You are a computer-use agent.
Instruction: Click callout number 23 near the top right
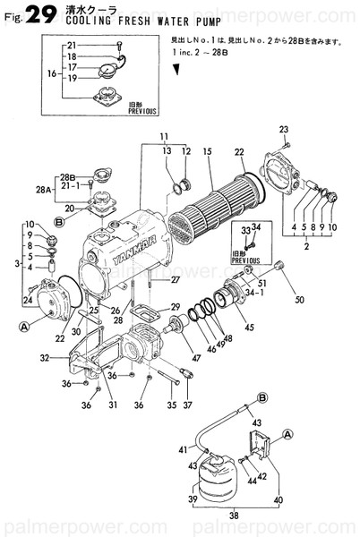[x=284, y=130]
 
